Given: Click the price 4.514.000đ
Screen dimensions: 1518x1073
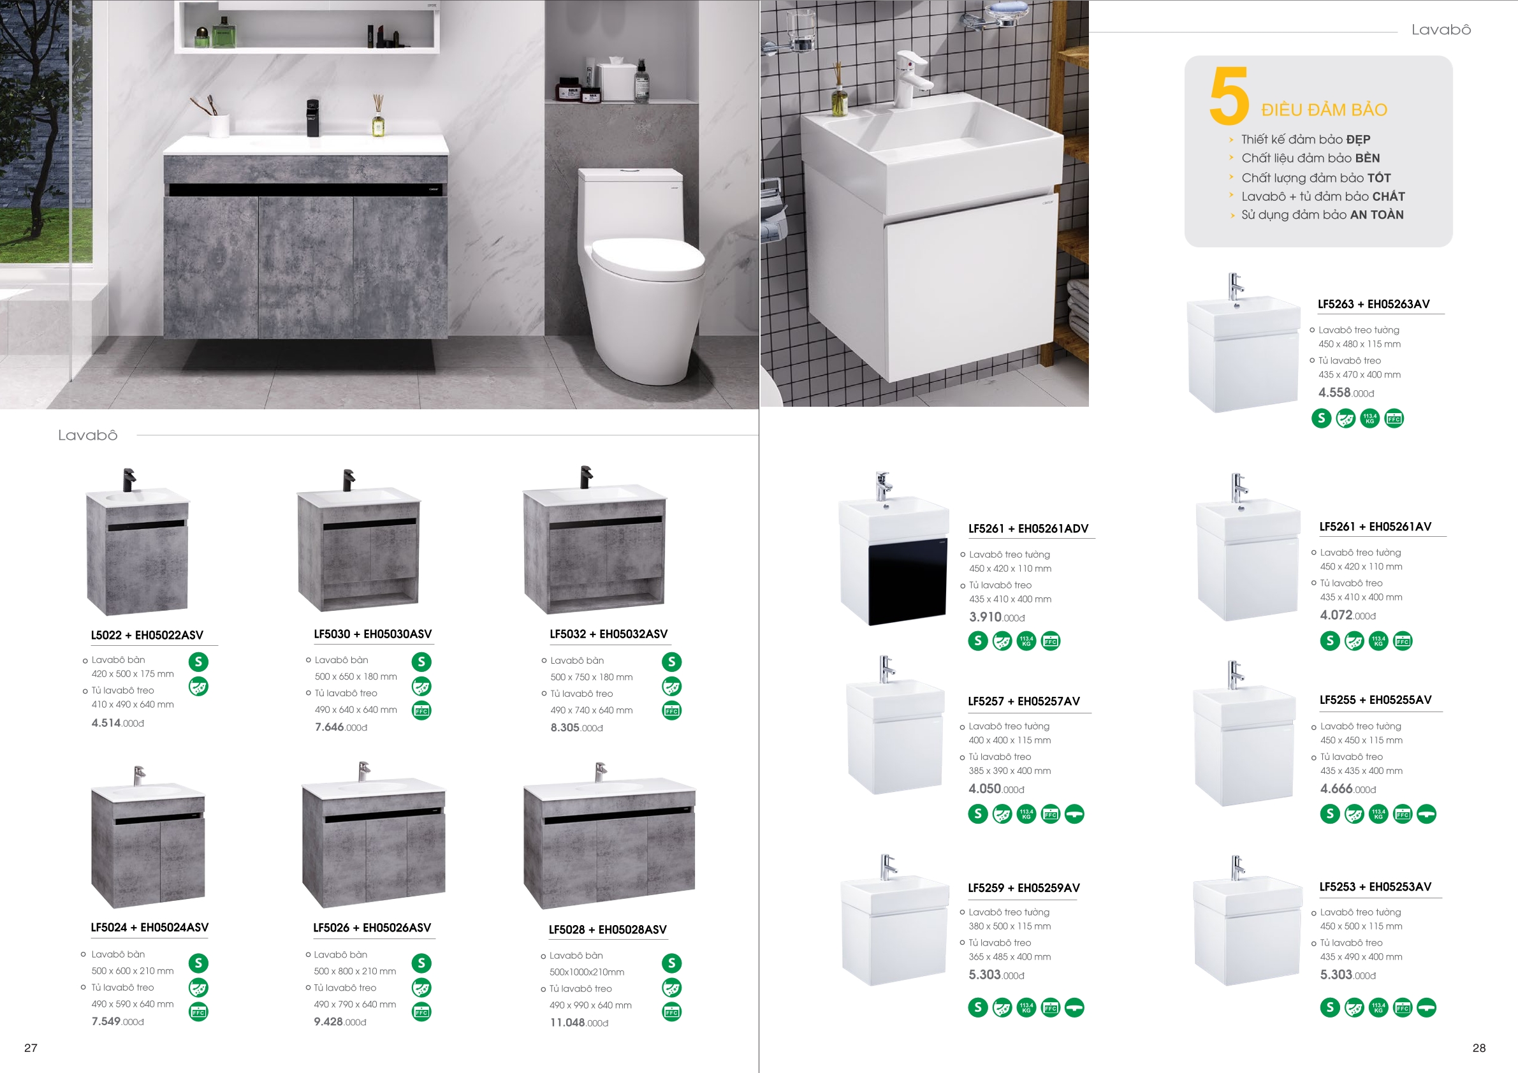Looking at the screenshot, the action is click(x=118, y=723).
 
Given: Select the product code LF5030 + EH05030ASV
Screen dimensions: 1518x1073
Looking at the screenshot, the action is click(x=373, y=634).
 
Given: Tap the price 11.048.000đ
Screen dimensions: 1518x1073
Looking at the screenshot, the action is click(x=579, y=1023).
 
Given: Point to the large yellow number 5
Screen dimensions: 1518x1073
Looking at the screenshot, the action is click(x=1229, y=96).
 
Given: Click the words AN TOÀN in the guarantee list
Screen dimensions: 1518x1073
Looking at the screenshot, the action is click(x=1376, y=215).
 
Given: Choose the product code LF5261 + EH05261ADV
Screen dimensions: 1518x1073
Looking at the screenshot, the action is click(x=1028, y=529).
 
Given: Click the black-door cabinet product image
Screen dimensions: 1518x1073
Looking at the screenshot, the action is click(x=894, y=549).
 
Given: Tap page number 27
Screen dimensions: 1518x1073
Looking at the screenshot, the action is click(x=31, y=1048).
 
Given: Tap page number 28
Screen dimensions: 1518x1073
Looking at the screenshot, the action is click(x=1479, y=1048).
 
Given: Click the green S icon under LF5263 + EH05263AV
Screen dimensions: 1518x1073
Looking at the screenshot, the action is click(x=1321, y=418).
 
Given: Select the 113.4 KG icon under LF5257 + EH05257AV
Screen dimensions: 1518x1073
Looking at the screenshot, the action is click(x=1026, y=814).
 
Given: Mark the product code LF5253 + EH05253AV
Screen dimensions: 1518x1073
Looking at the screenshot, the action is click(x=1375, y=887).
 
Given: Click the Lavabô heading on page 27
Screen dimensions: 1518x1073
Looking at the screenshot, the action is click(x=88, y=435).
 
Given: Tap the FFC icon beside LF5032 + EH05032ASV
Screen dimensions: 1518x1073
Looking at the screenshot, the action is click(x=672, y=711).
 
